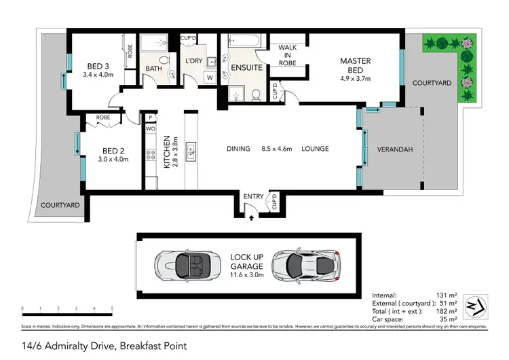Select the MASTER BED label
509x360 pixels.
tap(355, 65)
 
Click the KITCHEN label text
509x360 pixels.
tap(167, 151)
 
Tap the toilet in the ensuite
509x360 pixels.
tap(257, 94)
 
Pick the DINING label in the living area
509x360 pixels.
tap(238, 149)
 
